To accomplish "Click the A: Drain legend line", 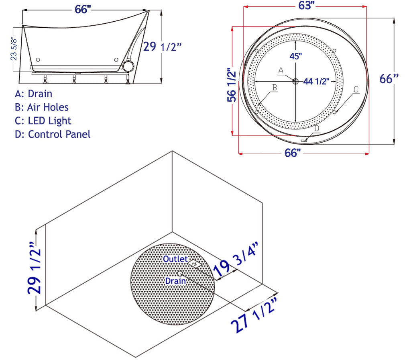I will click(x=33, y=94).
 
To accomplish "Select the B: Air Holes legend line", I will click(x=42, y=107).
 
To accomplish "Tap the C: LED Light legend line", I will click(x=43, y=121).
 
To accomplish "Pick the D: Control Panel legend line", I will click(x=53, y=134).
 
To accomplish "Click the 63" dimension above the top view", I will click(x=306, y=5).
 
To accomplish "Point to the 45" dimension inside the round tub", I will click(x=295, y=56).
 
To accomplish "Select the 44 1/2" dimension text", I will click(x=316, y=82).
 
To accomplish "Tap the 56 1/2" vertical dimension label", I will click(x=231, y=85).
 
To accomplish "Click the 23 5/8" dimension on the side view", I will click(x=14, y=49).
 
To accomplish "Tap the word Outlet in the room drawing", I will click(x=175, y=259).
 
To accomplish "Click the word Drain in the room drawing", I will click(x=175, y=281).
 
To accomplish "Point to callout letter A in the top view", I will click(x=281, y=70).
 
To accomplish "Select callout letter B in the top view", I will click(x=274, y=87).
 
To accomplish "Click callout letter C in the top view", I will click(x=356, y=89).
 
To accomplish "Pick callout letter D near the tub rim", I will click(x=317, y=128).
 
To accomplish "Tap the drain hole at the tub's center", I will click(x=295, y=81).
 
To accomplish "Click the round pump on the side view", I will click(x=129, y=65).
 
